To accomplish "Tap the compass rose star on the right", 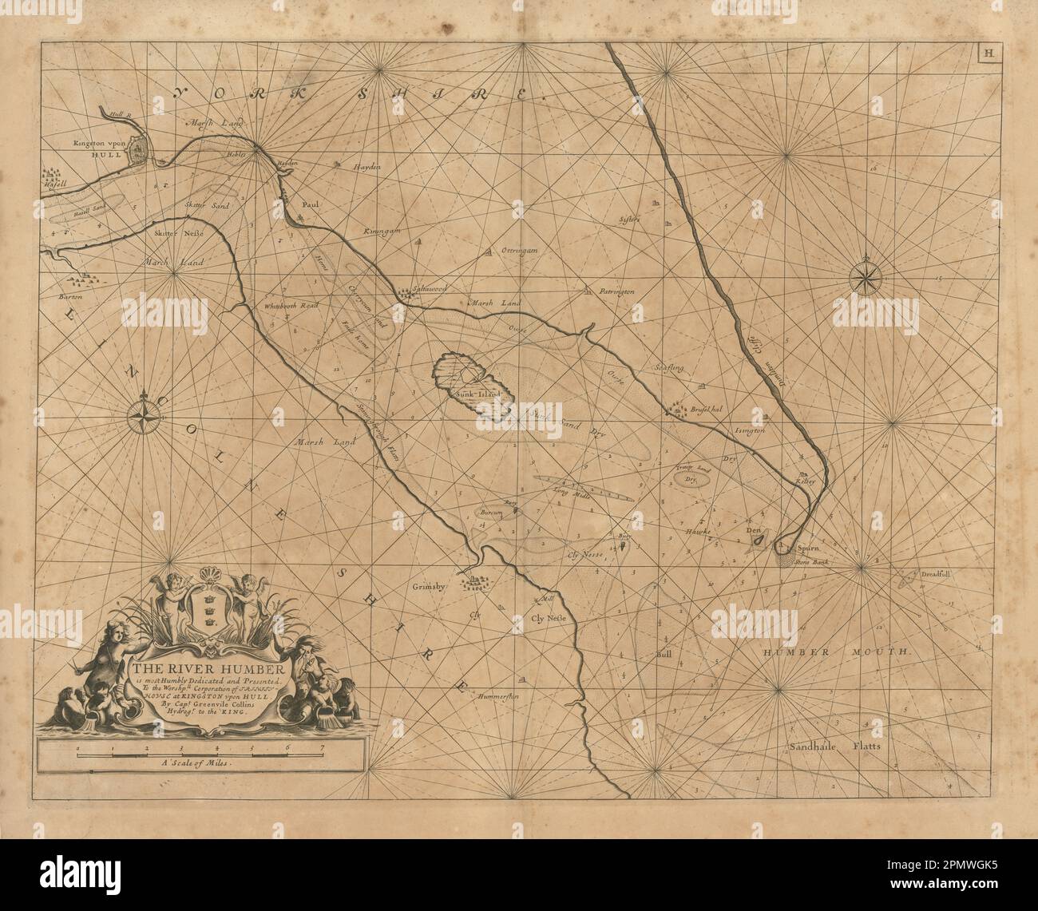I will pyautogui.click(x=864, y=276).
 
